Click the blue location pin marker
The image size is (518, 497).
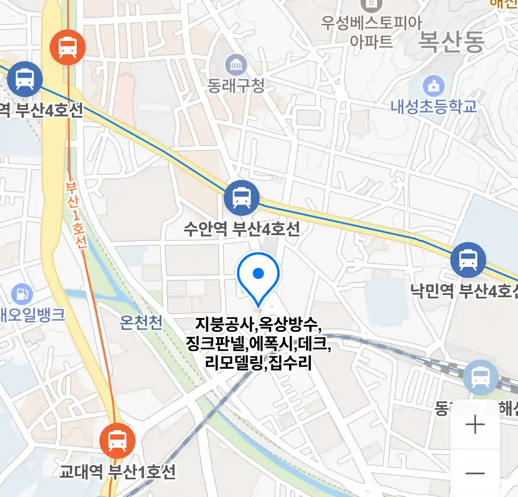coord(258,275)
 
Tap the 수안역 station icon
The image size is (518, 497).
coord(242,198)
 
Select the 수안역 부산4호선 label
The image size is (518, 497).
coord(242,229)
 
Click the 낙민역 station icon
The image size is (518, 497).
coord(468,260)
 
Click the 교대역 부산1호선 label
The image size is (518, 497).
coord(117,472)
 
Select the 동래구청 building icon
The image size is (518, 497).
coord(236,65)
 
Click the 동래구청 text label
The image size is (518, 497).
coord(236,86)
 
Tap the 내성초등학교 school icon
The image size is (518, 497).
coord(433,86)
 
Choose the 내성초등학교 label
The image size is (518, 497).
coord(434,107)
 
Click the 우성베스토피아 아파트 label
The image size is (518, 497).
coord(371,32)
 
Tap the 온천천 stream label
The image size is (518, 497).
coord(141,323)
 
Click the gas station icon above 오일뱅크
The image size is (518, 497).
coord(21,293)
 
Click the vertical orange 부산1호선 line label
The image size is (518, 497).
coord(76,215)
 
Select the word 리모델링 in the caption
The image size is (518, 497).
coord(234,363)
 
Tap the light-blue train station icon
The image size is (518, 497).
coord(481,377)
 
